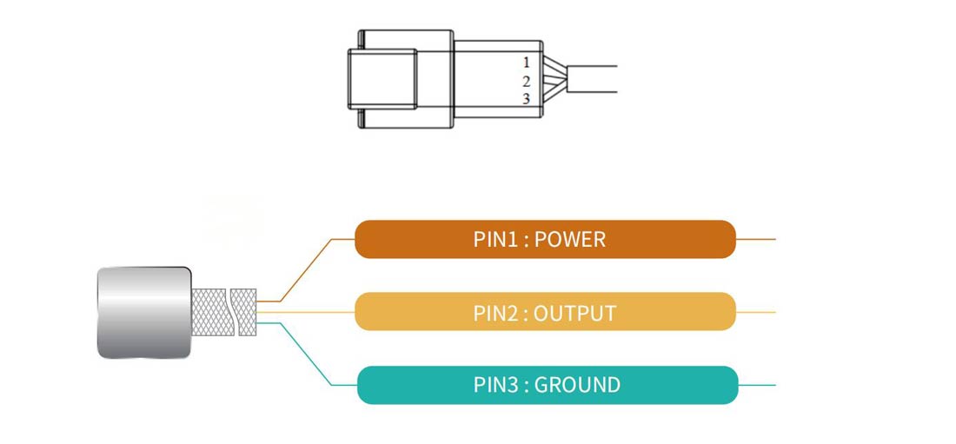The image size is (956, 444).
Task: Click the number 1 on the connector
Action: click(x=526, y=63)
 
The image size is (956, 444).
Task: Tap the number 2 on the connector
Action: click(x=526, y=81)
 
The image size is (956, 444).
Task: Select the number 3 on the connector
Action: click(x=526, y=99)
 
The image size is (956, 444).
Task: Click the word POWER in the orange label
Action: click(x=570, y=239)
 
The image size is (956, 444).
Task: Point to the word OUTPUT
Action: click(x=574, y=312)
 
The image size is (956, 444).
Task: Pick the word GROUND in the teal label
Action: click(x=577, y=384)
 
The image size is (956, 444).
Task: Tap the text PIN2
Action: click(x=495, y=312)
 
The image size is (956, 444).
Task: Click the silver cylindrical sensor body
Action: click(x=143, y=312)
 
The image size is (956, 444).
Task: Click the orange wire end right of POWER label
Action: click(x=755, y=239)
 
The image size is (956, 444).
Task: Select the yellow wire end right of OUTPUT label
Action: click(x=755, y=312)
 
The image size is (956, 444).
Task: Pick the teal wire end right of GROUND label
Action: click(x=756, y=385)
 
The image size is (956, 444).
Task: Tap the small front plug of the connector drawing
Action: click(x=382, y=79)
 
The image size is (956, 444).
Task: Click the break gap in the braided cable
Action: click(x=232, y=312)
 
